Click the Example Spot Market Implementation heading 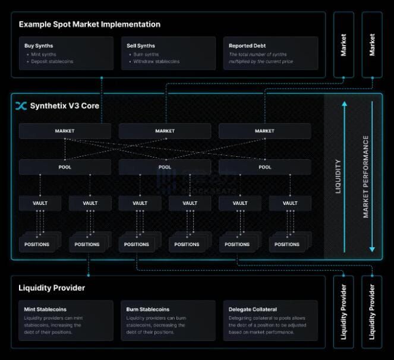[89, 24]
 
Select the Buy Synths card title [39, 46]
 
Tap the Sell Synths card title [141, 46]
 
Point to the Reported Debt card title [247, 46]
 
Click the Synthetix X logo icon [21, 106]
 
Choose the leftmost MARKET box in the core [64, 131]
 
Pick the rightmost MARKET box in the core [264, 131]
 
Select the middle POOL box [165, 167]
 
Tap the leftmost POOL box [64, 167]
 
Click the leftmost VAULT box [40, 203]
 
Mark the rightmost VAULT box [290, 203]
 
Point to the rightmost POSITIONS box [286, 244]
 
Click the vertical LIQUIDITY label [339, 176]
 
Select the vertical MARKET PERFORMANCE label [366, 176]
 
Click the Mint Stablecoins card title [45, 309]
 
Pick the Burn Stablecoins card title [148, 309]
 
